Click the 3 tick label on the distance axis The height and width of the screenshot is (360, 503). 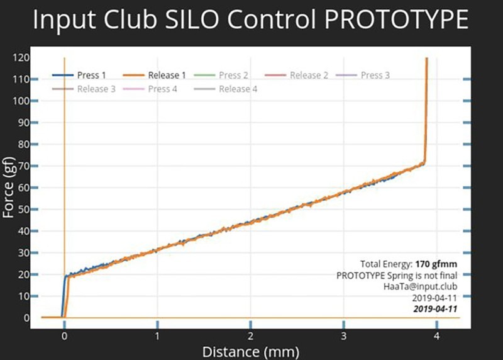[x=343, y=337]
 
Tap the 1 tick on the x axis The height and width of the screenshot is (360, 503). [x=157, y=337]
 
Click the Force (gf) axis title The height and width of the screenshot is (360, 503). [x=8, y=187]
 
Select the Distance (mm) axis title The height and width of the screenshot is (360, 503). [x=250, y=351]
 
